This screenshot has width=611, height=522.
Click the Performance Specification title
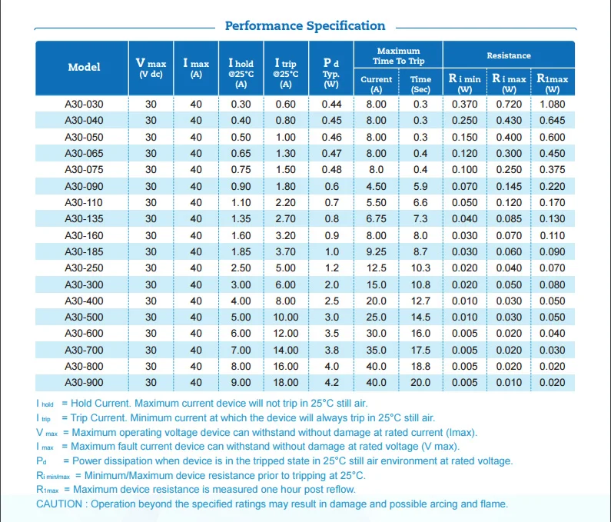point(305,25)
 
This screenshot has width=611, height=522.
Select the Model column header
point(85,67)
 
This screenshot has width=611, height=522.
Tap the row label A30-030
point(85,104)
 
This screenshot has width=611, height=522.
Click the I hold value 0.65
point(241,153)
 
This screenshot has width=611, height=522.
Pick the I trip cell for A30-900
point(286,382)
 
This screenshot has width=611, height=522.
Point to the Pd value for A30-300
point(331,284)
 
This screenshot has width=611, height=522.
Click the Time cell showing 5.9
point(420,186)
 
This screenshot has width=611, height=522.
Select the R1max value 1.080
point(552,104)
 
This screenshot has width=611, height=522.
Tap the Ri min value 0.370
point(464,104)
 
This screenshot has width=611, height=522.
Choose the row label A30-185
point(85,252)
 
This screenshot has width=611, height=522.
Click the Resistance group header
point(509,55)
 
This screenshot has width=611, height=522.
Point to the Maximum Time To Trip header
point(398,56)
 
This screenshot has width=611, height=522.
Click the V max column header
point(151,67)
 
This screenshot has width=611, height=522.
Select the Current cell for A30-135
point(376,218)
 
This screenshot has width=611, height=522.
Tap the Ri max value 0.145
point(509,186)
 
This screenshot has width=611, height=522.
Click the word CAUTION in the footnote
point(59,504)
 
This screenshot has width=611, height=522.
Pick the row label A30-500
point(85,317)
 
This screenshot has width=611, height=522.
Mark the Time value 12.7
point(420,301)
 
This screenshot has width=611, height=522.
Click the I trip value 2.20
point(286,203)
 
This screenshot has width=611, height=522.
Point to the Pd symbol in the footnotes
point(42,461)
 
